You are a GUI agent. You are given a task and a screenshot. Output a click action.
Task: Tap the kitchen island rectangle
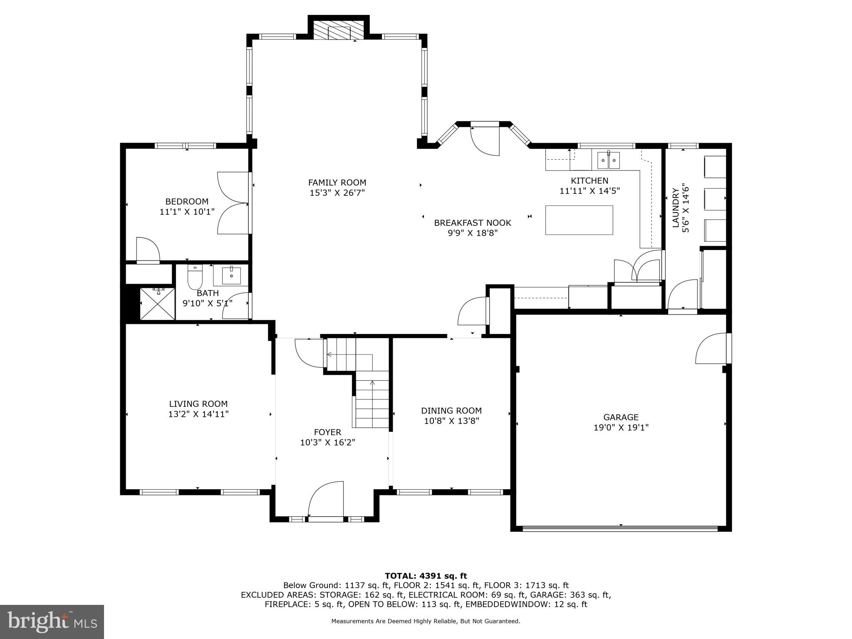(x=579, y=220)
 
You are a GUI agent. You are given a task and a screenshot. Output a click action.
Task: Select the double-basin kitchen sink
(x=608, y=160)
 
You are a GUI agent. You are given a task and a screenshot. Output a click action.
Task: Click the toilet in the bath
(x=195, y=277)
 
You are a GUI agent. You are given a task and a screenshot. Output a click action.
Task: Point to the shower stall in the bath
(x=158, y=304)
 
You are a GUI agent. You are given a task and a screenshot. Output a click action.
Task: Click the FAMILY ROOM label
(x=337, y=183)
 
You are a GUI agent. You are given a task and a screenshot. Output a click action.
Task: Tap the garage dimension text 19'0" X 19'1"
(x=621, y=427)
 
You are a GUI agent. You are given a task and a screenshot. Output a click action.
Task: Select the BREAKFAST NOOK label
(x=473, y=223)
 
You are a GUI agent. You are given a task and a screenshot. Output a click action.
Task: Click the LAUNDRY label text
(x=676, y=208)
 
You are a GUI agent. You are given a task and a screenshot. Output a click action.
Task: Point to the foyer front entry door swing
(x=326, y=499)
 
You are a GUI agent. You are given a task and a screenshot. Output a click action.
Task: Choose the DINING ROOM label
(x=451, y=411)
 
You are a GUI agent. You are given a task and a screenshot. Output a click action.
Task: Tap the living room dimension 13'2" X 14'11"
(x=198, y=414)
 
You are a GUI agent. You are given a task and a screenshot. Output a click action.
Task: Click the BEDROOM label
(x=187, y=202)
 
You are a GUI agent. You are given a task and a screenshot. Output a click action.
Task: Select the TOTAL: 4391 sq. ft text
(x=426, y=576)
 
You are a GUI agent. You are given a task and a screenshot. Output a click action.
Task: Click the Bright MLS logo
(x=52, y=622)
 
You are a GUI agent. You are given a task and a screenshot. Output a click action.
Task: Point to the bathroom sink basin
(x=231, y=275)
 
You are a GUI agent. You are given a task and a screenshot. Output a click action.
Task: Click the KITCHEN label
(x=589, y=181)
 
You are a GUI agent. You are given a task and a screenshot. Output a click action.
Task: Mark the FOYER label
(x=328, y=432)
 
